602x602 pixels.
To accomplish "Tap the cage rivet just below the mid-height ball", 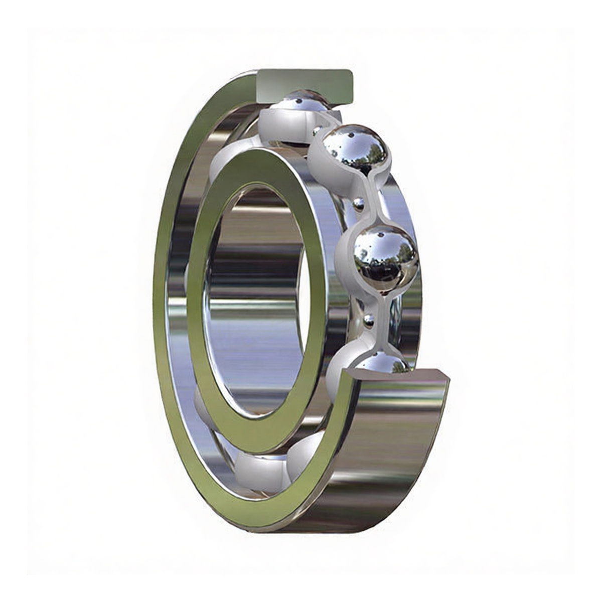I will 369,320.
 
